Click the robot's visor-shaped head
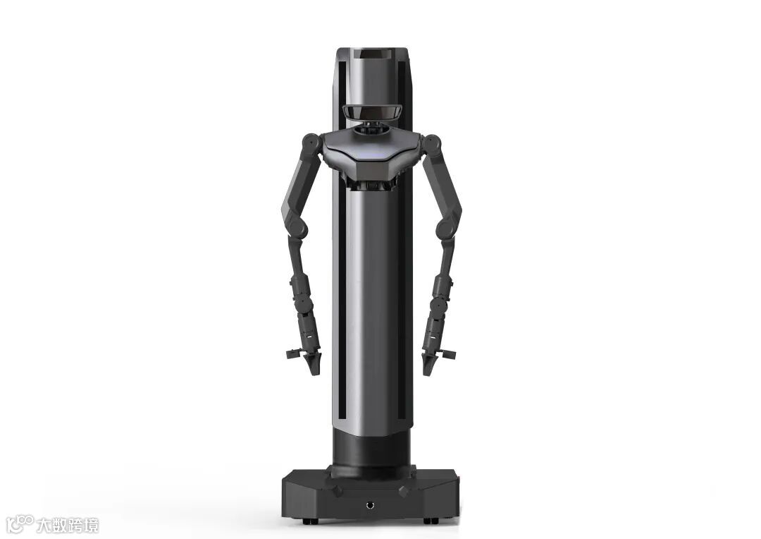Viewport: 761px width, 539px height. pos(372,111)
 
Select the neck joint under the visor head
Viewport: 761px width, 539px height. pos(372,127)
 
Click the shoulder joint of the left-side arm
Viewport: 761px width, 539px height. pos(310,143)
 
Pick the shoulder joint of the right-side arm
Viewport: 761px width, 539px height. pos(432,143)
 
